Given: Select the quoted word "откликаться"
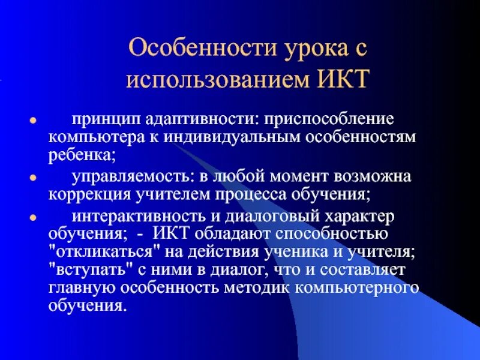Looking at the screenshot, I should tap(94, 252).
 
